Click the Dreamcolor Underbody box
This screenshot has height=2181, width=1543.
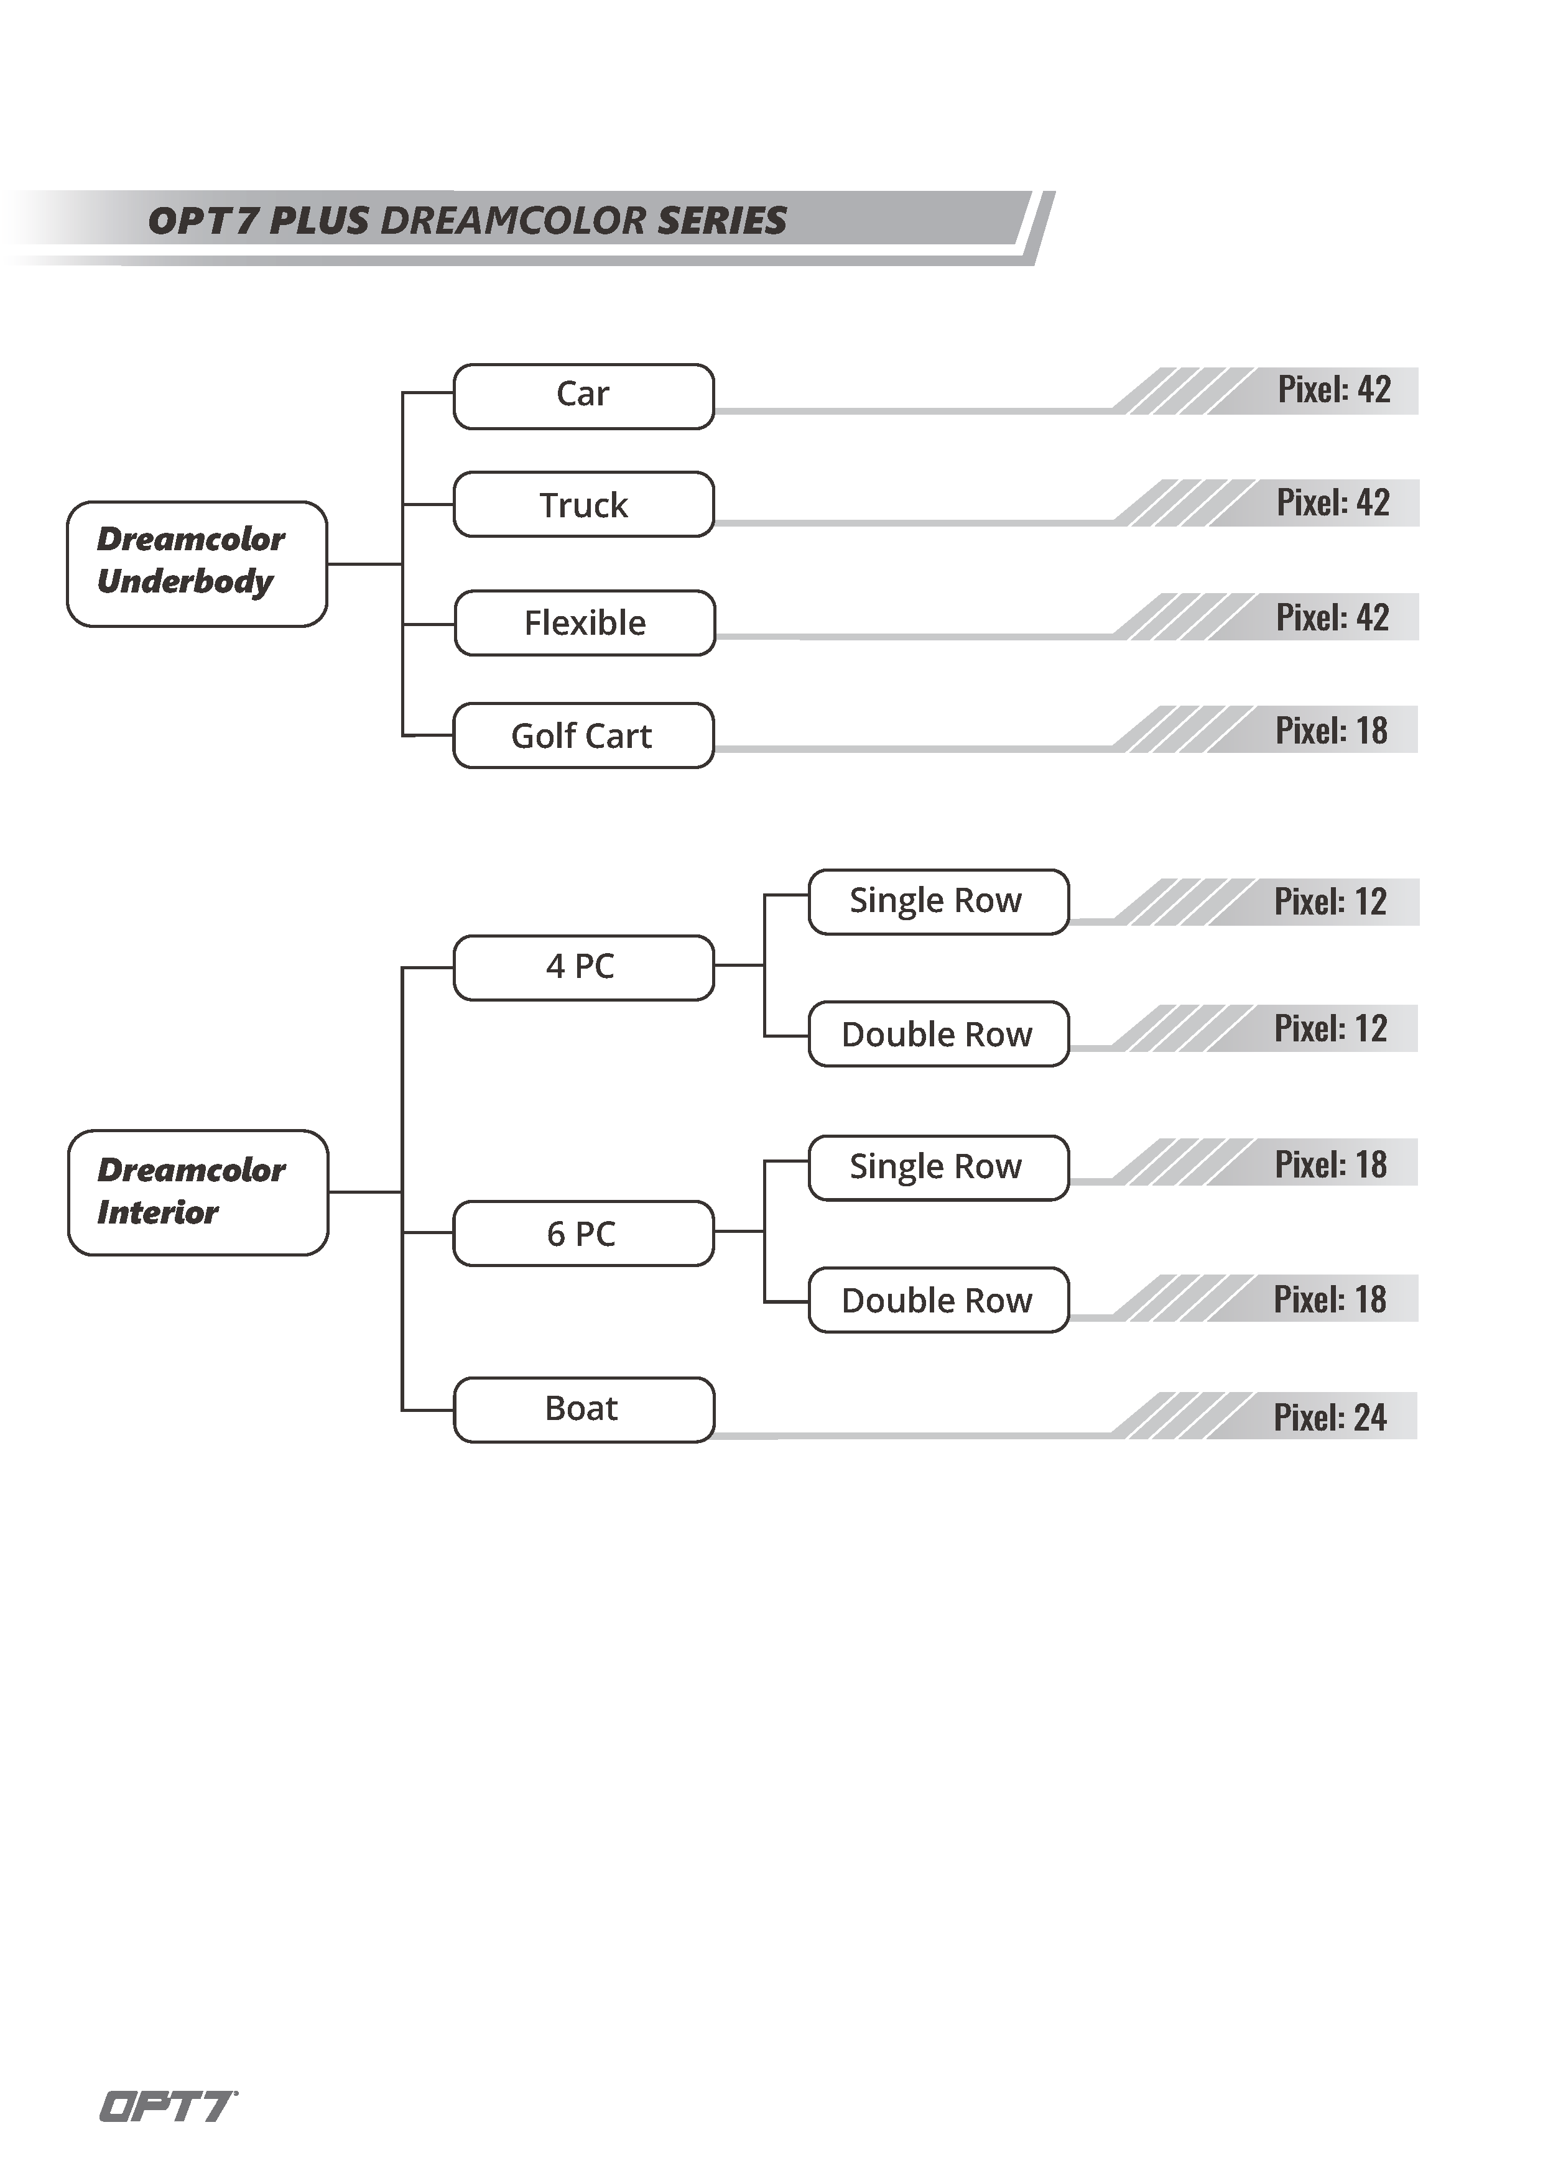[x=197, y=565]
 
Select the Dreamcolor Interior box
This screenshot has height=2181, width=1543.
[x=198, y=1193]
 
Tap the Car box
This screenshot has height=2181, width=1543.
[x=583, y=396]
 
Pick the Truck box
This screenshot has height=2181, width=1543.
[x=583, y=504]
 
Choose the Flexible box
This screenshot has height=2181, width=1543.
[x=585, y=623]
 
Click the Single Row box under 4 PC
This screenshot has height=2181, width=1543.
[x=938, y=901]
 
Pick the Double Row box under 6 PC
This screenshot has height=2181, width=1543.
[x=938, y=1299]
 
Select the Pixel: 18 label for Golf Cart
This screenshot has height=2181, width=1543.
[x=1331, y=731]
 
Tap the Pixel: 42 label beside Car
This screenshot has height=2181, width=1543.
[x=1334, y=389]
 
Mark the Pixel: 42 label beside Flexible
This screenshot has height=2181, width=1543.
[x=1332, y=617]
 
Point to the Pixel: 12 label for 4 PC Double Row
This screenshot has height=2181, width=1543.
[x=1330, y=1029]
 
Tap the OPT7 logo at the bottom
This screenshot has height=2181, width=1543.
[x=168, y=2106]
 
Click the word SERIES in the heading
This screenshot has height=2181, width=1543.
[x=722, y=220]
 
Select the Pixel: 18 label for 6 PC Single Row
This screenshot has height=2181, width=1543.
[x=1330, y=1164]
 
